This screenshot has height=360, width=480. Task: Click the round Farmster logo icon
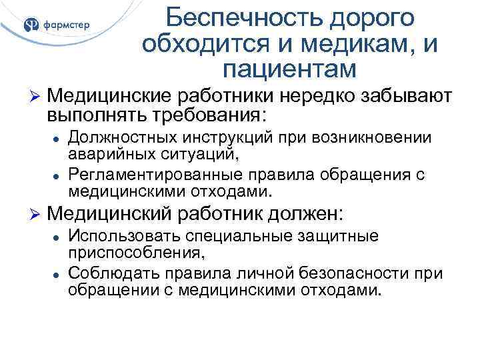click(x=32, y=25)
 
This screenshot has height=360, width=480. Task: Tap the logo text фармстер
click(x=65, y=26)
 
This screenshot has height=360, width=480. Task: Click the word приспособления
click(x=127, y=253)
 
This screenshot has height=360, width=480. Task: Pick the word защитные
click(x=338, y=237)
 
